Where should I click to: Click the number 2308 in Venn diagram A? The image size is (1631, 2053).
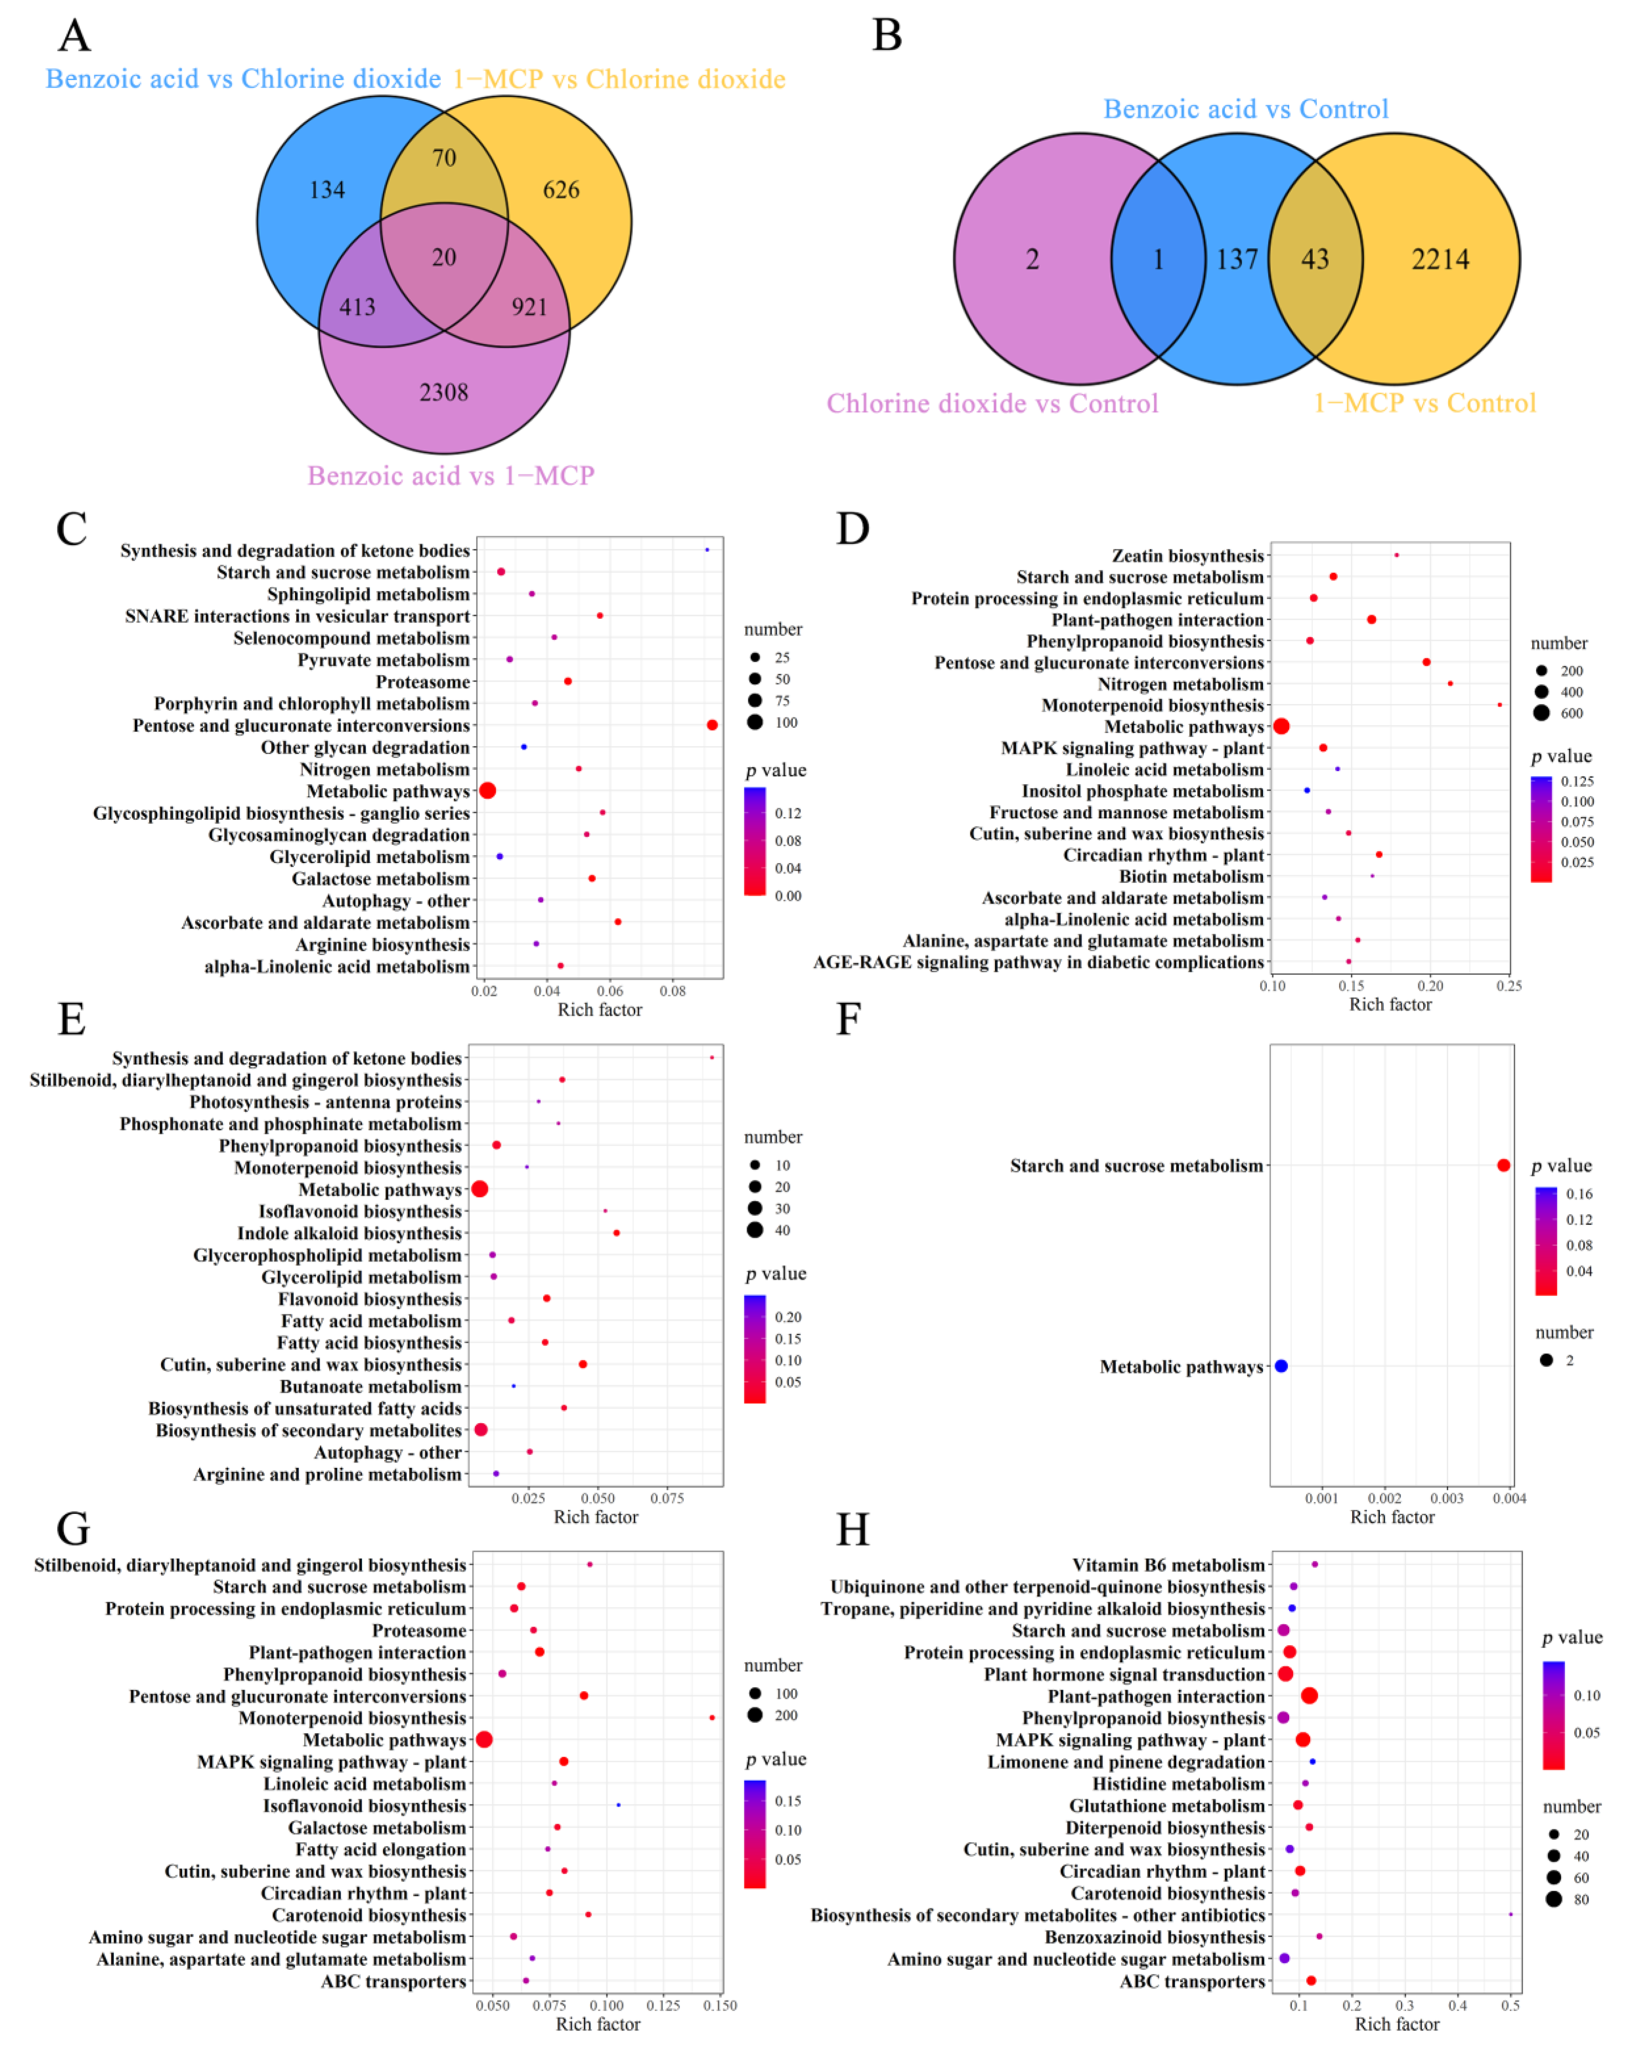(x=444, y=392)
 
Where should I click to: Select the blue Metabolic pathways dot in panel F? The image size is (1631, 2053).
(x=1280, y=1365)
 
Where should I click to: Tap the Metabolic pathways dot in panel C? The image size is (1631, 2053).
(x=488, y=790)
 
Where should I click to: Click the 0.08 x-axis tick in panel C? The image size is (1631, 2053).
(x=672, y=991)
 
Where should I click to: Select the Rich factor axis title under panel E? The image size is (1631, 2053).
(x=596, y=1517)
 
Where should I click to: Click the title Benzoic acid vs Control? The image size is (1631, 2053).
(x=1245, y=109)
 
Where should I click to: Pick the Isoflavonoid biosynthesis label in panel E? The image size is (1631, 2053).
(x=360, y=1211)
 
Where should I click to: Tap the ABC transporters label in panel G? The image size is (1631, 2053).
(x=393, y=1982)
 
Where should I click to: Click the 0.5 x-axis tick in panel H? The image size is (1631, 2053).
(x=1510, y=2005)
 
